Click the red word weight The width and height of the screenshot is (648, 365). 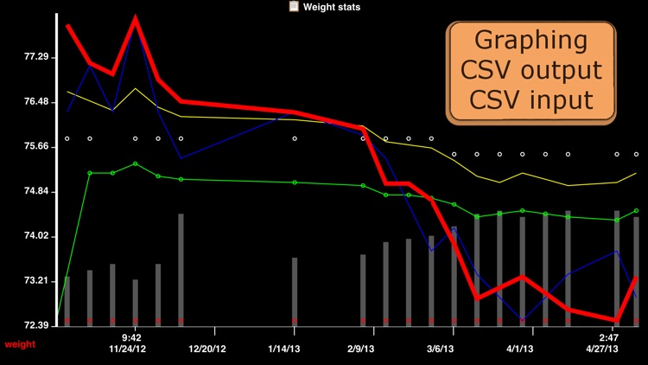point(20,344)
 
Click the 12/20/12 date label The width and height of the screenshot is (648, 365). point(207,349)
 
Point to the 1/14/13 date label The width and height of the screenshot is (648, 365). point(284,349)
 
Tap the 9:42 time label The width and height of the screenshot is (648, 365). point(131,337)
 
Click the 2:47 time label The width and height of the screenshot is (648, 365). point(608,337)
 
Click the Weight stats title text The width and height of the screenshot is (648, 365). point(332,7)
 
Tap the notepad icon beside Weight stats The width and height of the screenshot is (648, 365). point(294,6)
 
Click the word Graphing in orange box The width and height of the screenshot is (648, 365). point(531,41)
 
